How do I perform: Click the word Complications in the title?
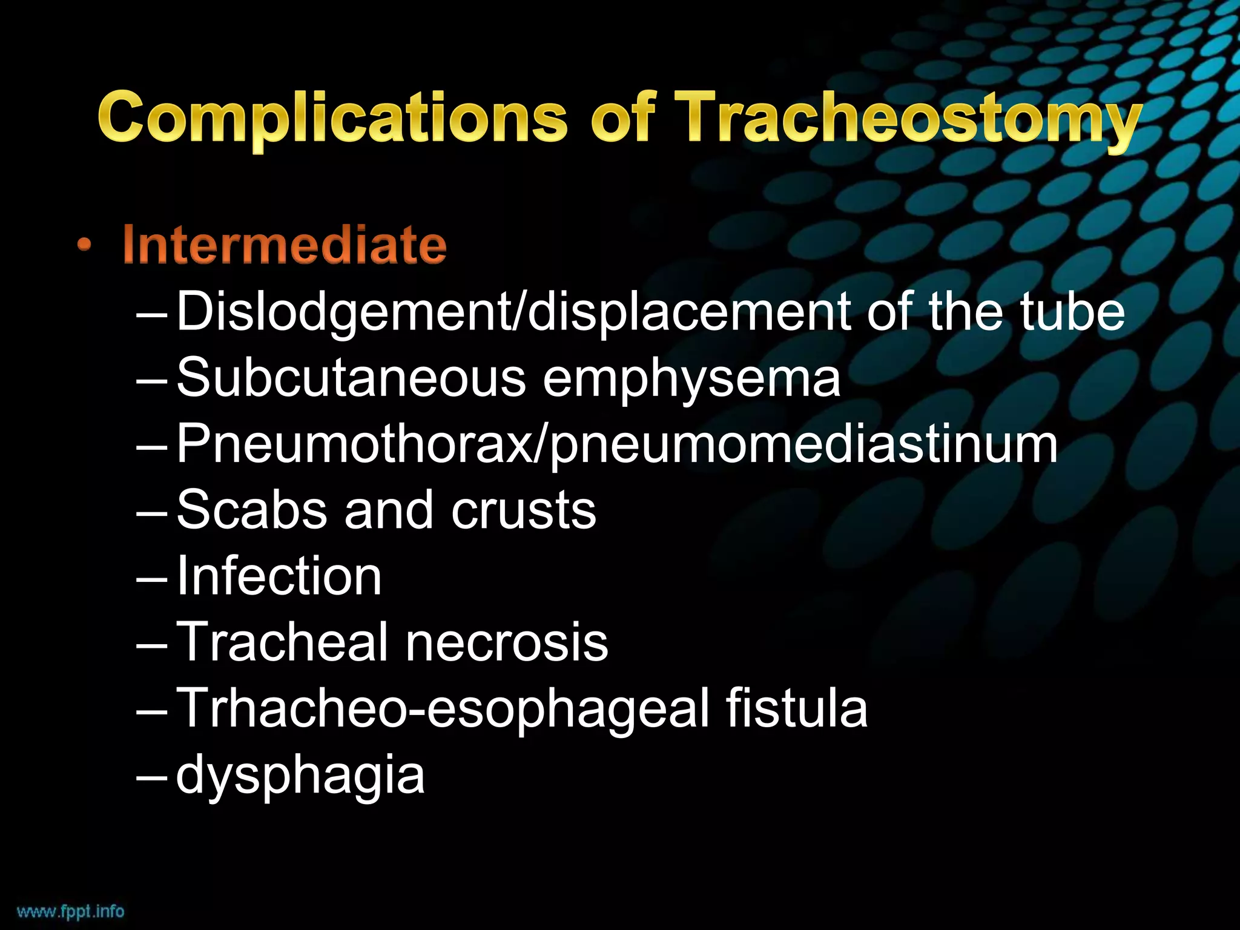point(332,118)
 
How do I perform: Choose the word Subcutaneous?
point(351,378)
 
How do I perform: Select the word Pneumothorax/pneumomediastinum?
point(617,446)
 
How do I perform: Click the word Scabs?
point(252,510)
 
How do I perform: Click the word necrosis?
point(507,642)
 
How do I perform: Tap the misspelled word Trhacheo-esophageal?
point(442,709)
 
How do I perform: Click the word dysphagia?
point(300,777)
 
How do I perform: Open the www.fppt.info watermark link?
point(71,911)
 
